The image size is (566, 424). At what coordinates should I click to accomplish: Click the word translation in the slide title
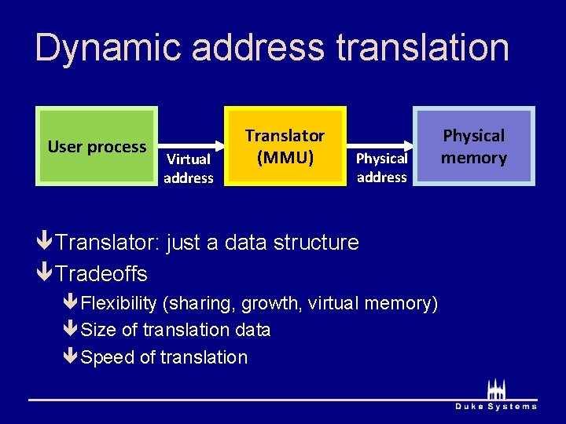tap(422, 49)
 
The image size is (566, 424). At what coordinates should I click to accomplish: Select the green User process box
tap(97, 147)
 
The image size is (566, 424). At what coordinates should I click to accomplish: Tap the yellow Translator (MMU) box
tap(285, 146)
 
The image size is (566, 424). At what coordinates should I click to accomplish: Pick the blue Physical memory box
tap(474, 146)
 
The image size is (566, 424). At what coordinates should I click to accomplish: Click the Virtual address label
tap(189, 168)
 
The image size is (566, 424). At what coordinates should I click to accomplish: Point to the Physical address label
tap(381, 167)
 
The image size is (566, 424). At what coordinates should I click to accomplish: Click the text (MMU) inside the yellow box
tap(285, 158)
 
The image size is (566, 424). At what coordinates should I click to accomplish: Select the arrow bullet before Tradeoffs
tap(45, 274)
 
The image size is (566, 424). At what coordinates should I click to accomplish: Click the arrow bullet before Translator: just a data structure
tap(45, 243)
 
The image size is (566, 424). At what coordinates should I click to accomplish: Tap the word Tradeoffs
tap(101, 274)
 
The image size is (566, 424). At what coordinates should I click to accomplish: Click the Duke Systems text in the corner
tap(496, 406)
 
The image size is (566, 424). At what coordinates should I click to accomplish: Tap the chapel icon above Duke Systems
tap(496, 389)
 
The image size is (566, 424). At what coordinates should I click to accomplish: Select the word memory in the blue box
tap(474, 158)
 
